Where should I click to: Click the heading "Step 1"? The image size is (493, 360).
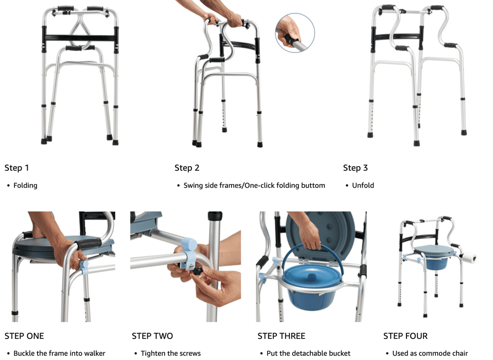tap(16, 168)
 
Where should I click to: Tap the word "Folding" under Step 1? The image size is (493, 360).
tap(25, 185)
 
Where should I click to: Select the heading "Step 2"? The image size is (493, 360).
tap(187, 168)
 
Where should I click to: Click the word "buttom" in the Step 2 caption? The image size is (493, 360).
tap(313, 185)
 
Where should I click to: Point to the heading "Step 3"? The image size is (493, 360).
tap(355, 168)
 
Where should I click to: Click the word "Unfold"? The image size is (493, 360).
tap(363, 185)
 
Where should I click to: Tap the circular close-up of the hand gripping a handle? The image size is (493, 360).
tap(295, 33)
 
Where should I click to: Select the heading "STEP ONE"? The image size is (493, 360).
tap(24, 336)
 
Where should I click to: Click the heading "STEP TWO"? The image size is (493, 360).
tap(152, 336)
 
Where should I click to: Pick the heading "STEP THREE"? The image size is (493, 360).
tap(281, 336)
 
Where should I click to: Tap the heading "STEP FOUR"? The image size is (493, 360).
tap(406, 336)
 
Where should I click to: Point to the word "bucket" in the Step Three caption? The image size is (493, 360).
tap(340, 353)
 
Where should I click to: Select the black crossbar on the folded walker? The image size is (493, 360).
tap(80, 38)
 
